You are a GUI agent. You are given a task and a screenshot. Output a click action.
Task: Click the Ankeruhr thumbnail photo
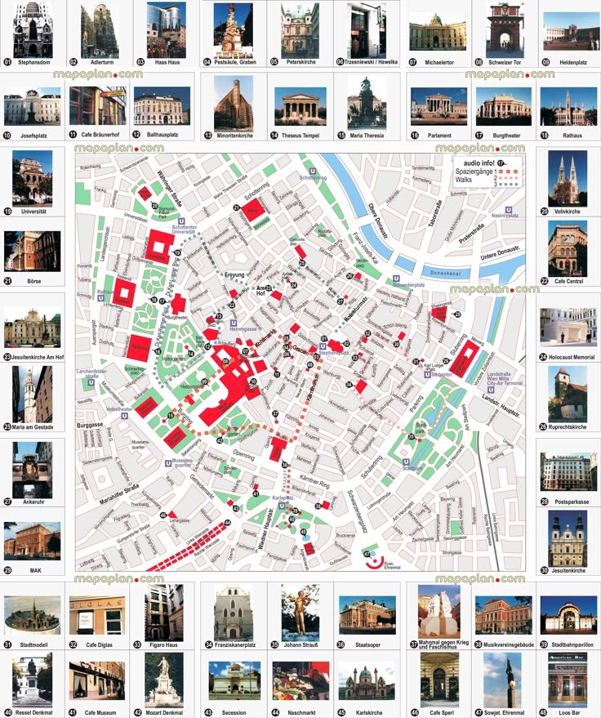pyautogui.click(x=33, y=470)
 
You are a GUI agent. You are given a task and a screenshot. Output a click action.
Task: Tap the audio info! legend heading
pyautogui.click(x=478, y=164)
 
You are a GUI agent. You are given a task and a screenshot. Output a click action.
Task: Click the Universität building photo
pyautogui.click(x=33, y=177)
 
